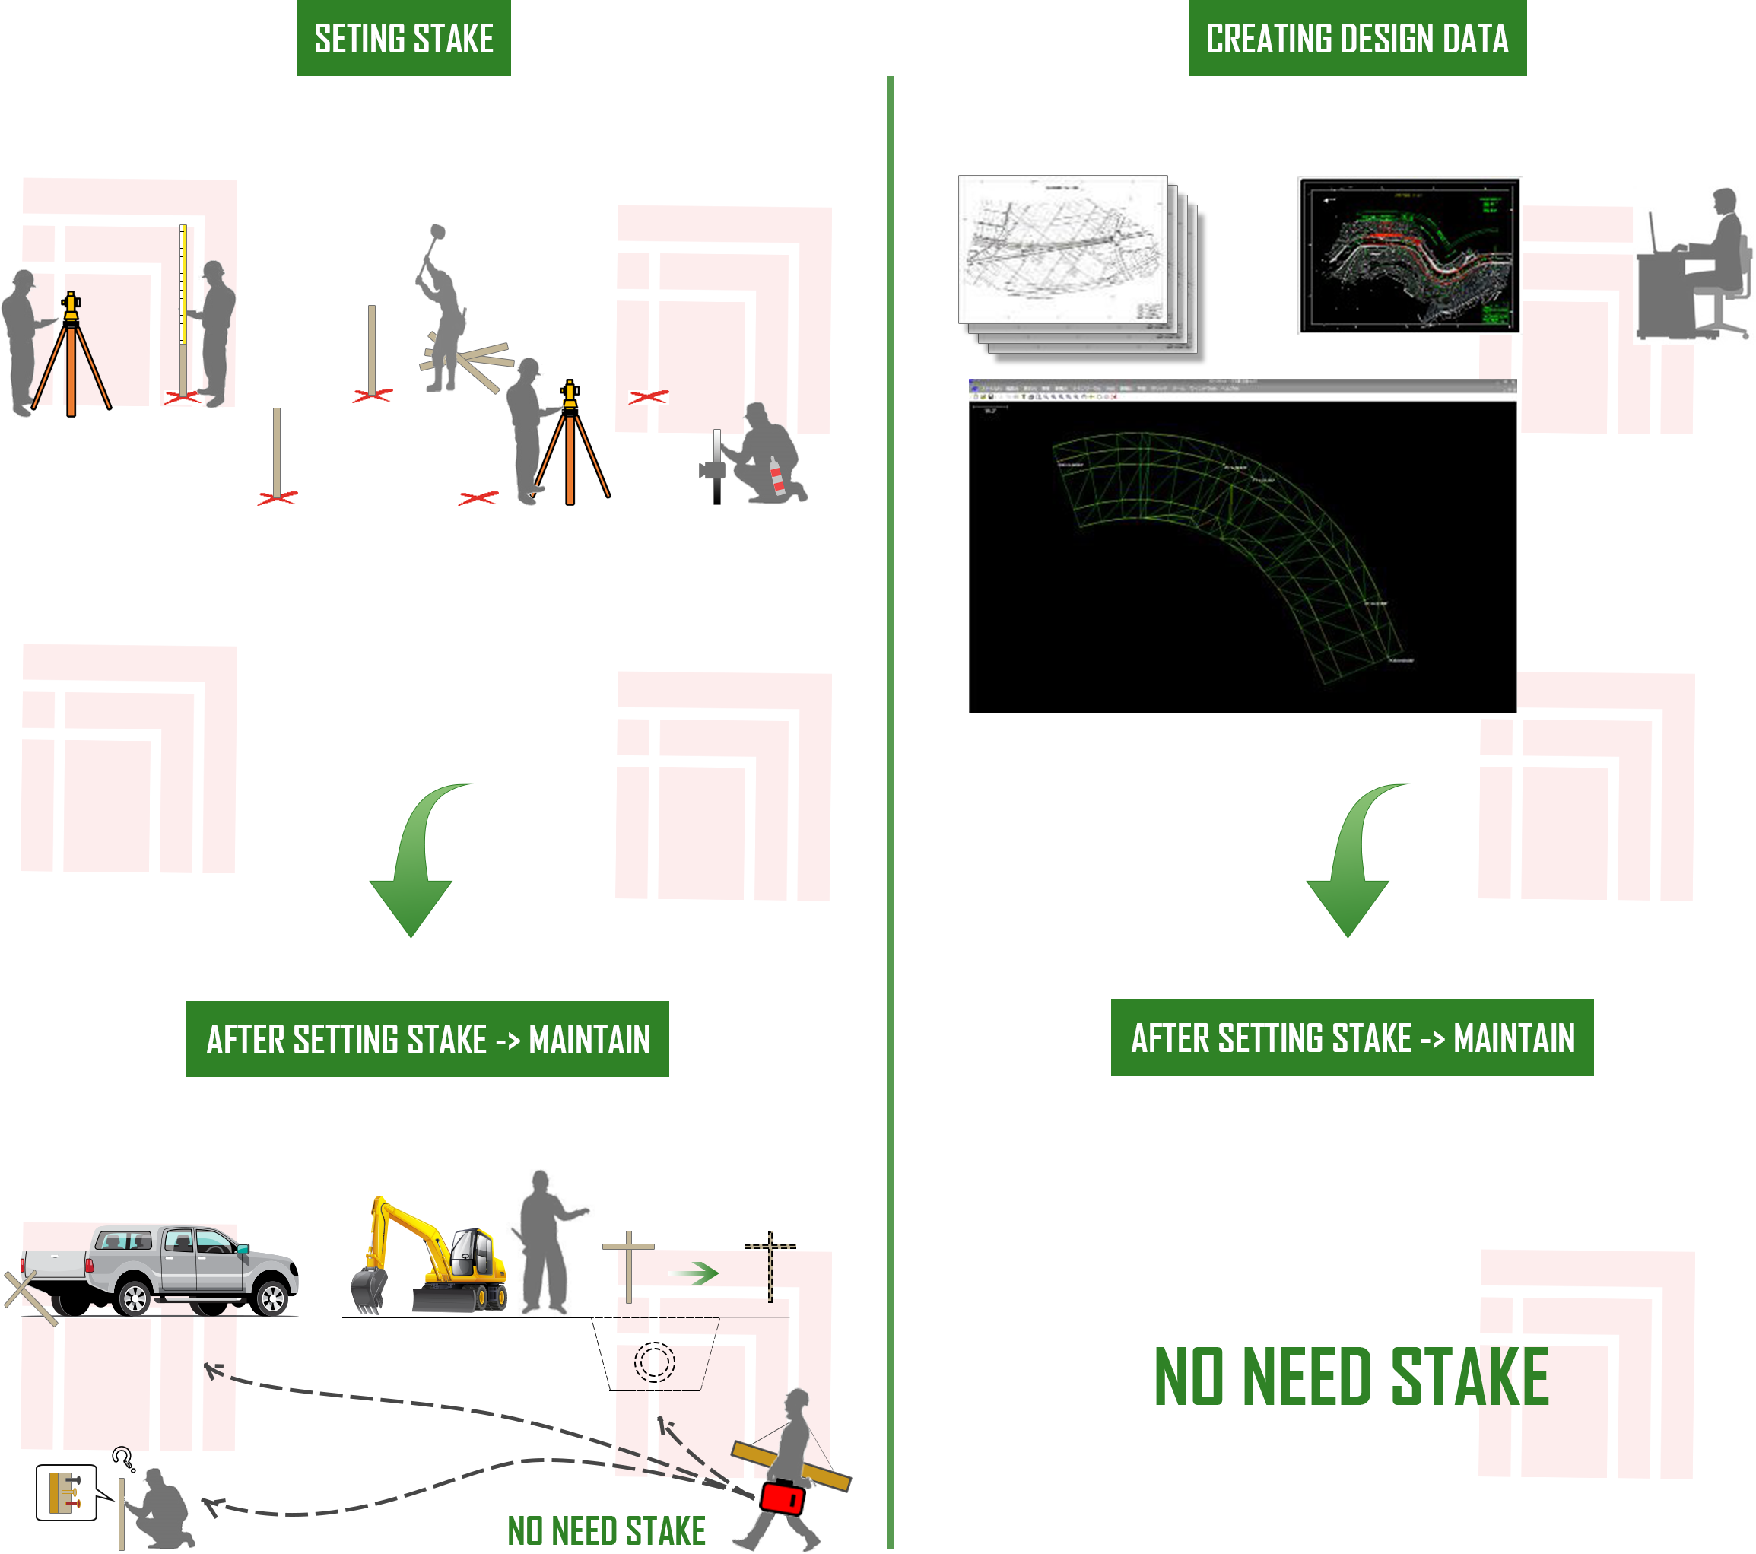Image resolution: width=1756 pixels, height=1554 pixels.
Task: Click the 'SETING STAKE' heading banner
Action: coord(403,39)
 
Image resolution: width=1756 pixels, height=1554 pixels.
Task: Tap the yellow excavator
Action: coord(430,1260)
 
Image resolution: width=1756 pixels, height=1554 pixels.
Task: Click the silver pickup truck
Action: coord(172,1270)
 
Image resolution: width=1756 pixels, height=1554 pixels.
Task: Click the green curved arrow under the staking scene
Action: coord(421,859)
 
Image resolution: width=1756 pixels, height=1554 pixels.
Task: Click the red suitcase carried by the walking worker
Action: coord(782,1497)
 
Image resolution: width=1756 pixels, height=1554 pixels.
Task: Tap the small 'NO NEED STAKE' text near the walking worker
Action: coord(607,1531)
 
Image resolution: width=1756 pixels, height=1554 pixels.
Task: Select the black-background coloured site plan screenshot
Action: coord(1409,255)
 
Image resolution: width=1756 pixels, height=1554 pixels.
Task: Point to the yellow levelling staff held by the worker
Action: coord(183,284)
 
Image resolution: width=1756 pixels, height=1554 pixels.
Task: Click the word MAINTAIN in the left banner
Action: coord(589,1040)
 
